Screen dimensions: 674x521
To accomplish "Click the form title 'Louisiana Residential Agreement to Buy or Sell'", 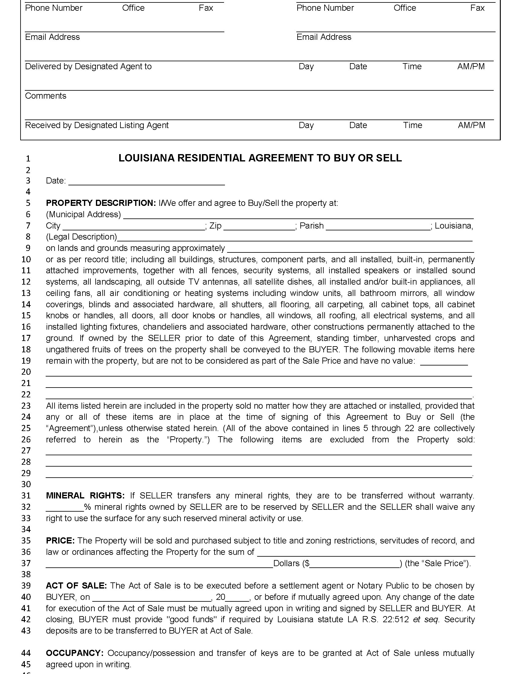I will (x=260, y=158).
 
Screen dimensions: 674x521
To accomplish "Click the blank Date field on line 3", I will (x=146, y=181).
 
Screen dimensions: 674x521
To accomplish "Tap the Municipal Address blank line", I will (x=298, y=215).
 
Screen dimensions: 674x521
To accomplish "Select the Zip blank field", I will (x=259, y=226).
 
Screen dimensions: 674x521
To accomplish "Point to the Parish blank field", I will (x=378, y=226).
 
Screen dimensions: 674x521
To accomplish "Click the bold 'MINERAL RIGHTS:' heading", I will (x=85, y=496).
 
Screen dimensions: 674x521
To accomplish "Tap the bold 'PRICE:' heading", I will (x=60, y=541).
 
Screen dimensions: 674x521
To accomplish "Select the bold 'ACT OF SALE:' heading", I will (x=76, y=586).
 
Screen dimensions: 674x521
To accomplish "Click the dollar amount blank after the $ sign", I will (x=355, y=564).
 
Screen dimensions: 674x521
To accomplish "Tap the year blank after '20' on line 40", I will (x=237, y=597).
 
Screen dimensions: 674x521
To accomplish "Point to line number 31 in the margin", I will (x=26, y=496).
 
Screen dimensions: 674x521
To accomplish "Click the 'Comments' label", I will (x=46, y=96).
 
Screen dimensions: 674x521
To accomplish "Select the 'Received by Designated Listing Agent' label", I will (x=97, y=125).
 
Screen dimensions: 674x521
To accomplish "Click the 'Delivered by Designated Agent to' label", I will (x=88, y=67).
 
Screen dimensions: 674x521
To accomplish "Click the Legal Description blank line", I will (x=295, y=238).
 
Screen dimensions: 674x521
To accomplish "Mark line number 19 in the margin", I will (x=26, y=361).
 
